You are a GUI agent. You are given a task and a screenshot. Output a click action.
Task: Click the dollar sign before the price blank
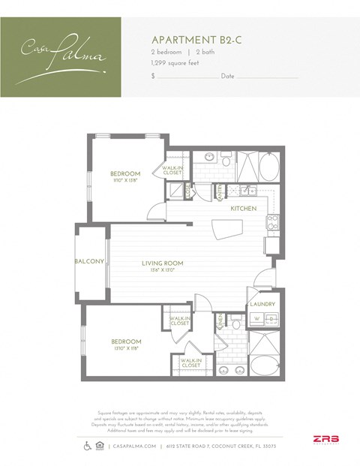click(x=153, y=77)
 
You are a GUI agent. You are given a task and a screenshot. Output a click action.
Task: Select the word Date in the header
click(x=228, y=77)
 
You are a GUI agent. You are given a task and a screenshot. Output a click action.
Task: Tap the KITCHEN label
click(x=244, y=208)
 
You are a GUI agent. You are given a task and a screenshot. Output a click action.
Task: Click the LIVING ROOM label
click(x=162, y=263)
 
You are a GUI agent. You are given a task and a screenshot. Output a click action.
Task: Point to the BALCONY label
click(x=88, y=261)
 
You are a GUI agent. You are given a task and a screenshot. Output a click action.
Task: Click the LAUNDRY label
click(x=262, y=304)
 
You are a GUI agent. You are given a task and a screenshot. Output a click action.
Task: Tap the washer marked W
click(x=256, y=317)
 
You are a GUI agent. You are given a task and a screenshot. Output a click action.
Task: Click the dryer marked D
click(x=271, y=317)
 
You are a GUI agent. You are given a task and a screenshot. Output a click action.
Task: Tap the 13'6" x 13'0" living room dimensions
click(x=162, y=270)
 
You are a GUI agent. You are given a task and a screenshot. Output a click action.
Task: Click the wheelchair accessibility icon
click(x=86, y=446)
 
